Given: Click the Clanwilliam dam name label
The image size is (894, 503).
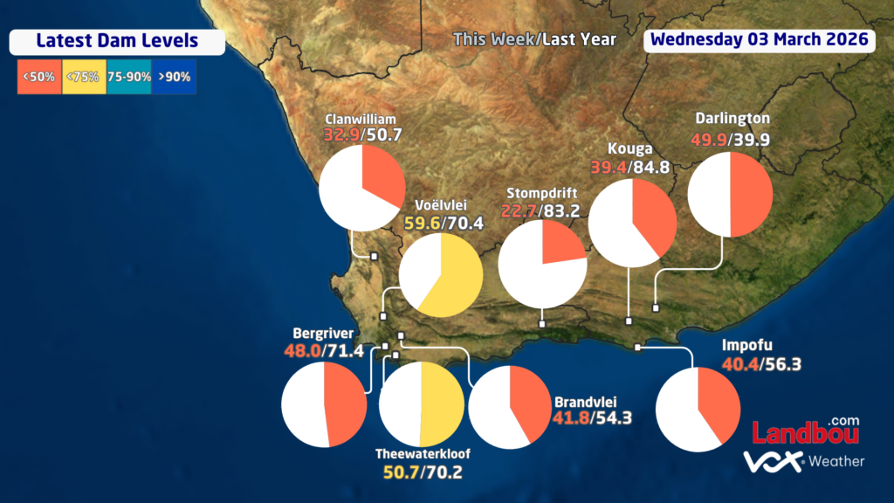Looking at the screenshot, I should (x=361, y=119).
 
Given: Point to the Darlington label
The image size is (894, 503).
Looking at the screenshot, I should (x=732, y=118).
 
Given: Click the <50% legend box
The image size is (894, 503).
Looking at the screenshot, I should (x=38, y=76).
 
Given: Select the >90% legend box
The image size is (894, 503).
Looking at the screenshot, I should (x=174, y=76).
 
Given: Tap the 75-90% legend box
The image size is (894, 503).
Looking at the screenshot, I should (x=128, y=76).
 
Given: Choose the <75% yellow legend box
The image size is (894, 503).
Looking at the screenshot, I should (x=84, y=76).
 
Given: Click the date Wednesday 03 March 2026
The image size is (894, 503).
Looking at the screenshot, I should (x=760, y=39).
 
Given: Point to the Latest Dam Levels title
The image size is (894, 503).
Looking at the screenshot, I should (x=117, y=41).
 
